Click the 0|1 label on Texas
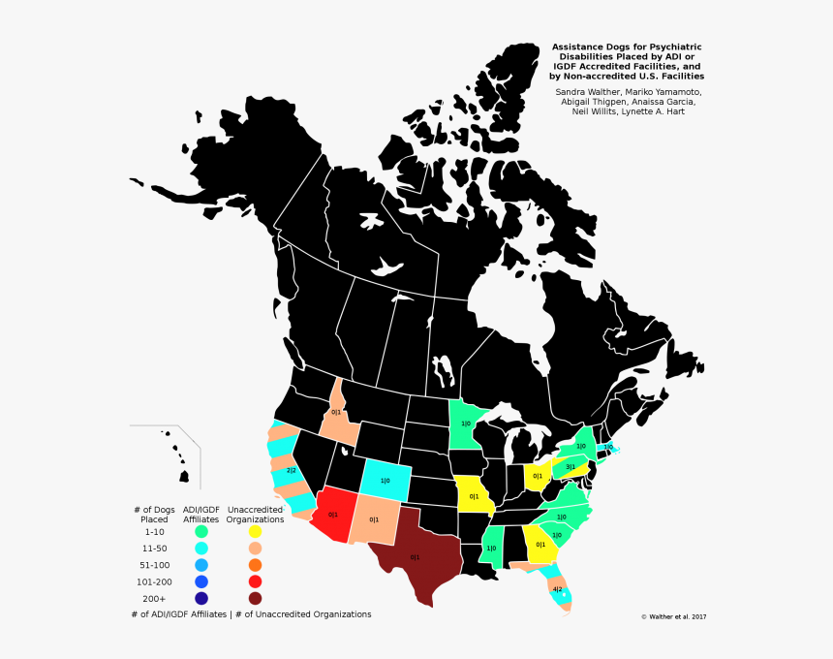(415, 557)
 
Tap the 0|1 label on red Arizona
(333, 515)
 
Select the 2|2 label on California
(291, 470)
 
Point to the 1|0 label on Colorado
(385, 481)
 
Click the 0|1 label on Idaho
(336, 412)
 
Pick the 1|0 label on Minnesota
(466, 424)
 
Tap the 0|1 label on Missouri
(475, 496)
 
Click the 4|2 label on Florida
(557, 589)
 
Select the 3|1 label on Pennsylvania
(571, 467)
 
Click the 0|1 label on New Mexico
(374, 519)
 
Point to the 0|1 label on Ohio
(538, 476)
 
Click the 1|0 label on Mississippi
(491, 549)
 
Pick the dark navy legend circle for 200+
(201, 598)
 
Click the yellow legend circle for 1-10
(255, 531)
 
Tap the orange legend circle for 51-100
(255, 565)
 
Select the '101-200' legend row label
(155, 581)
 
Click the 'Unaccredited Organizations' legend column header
(255, 515)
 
